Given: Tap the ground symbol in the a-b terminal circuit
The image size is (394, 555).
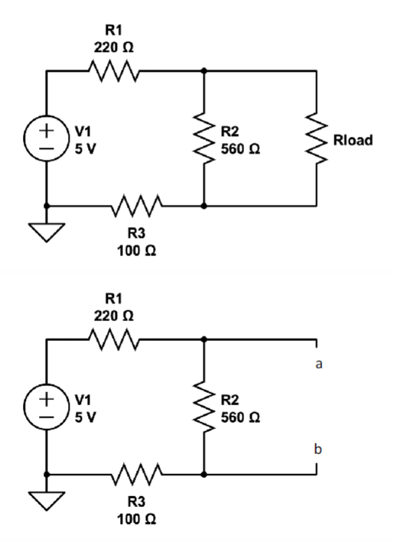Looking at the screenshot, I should [47, 496].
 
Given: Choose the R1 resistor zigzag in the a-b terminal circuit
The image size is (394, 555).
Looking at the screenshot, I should [113, 338].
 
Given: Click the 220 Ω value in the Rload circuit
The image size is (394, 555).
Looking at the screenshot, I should [113, 47].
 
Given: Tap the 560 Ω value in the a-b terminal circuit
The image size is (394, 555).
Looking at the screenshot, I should [239, 417].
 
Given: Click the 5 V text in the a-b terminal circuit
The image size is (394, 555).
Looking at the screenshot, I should [86, 417].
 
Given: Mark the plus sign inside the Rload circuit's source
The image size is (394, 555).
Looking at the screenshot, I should [47, 128].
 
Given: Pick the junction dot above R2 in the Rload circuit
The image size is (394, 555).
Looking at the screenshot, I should [204, 70].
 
